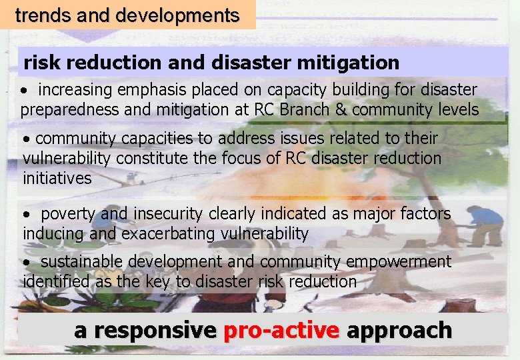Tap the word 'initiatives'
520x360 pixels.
click(57, 178)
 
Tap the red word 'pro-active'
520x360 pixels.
click(282, 330)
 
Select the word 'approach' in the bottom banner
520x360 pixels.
click(399, 330)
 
